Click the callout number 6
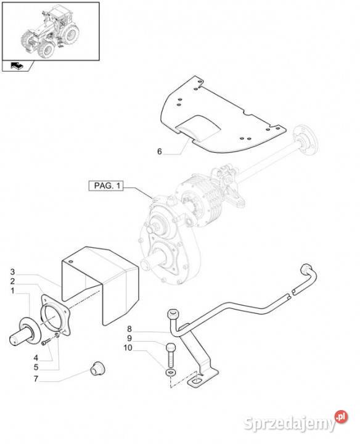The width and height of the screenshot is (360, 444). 159,152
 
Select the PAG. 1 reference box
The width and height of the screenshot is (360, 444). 106,186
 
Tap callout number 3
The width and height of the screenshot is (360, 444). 12,272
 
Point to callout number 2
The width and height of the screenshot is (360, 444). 12,281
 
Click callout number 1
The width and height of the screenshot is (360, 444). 12,291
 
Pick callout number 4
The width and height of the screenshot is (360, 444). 36,358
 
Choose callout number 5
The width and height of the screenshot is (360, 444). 36,368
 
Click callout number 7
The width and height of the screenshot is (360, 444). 36,379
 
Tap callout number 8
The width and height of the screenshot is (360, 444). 129,329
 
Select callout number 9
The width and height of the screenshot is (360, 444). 129,338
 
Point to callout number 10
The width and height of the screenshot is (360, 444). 128,347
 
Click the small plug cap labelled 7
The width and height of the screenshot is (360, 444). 97,368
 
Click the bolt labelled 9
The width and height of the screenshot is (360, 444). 171,355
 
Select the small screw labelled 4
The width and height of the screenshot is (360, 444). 45,343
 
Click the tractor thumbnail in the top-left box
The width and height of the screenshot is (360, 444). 51,31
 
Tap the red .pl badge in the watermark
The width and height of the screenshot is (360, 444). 341,416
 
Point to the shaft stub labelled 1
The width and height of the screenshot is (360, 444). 25,332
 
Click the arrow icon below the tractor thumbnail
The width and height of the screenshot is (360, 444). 17,66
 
